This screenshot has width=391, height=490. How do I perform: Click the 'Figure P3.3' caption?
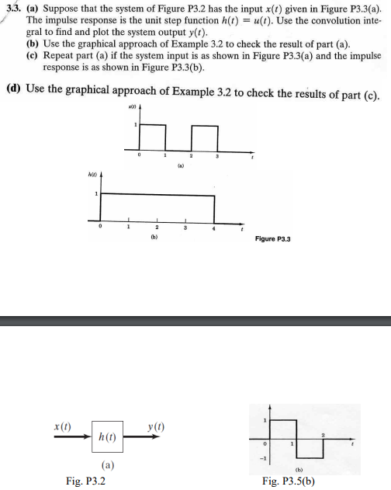point(272,239)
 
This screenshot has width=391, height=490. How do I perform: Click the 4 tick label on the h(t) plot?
point(213,228)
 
